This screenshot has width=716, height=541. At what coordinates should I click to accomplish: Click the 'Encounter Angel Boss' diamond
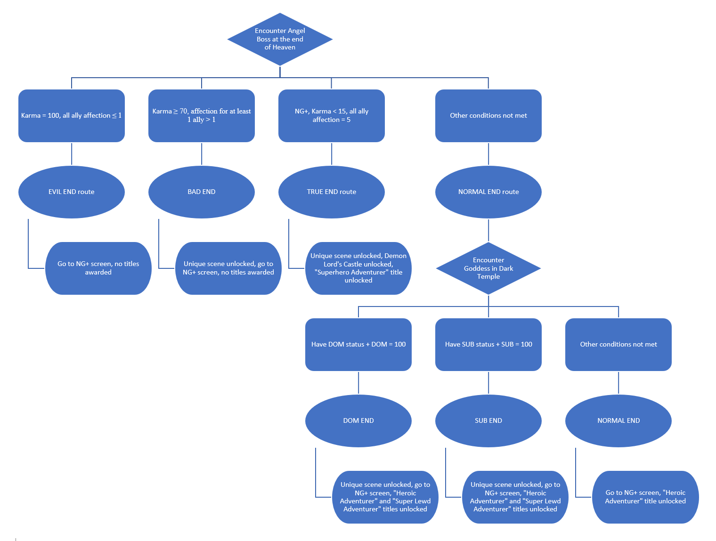pyautogui.click(x=280, y=39)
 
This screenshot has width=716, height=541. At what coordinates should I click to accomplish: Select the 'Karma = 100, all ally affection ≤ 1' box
pyautogui.click(x=72, y=116)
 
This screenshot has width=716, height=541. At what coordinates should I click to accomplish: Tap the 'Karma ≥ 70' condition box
pyautogui.click(x=202, y=116)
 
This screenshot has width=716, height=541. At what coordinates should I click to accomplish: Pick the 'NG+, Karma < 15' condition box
pyautogui.click(x=332, y=116)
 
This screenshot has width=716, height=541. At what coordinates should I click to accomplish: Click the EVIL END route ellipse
pyautogui.click(x=72, y=192)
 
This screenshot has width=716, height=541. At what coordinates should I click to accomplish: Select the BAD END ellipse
pyautogui.click(x=202, y=192)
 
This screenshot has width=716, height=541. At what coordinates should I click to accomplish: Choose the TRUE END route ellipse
pyautogui.click(x=332, y=192)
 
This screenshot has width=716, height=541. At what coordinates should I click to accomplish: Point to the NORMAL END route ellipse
pyautogui.click(x=488, y=192)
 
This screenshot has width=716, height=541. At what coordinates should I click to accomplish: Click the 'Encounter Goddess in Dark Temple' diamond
pyautogui.click(x=488, y=268)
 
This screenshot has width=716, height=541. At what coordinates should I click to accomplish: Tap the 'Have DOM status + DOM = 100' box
pyautogui.click(x=358, y=345)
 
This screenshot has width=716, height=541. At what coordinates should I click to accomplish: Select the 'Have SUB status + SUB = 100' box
pyautogui.click(x=488, y=345)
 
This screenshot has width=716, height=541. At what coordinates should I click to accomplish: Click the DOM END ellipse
pyautogui.click(x=358, y=421)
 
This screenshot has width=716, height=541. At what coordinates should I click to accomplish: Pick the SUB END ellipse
pyautogui.click(x=488, y=421)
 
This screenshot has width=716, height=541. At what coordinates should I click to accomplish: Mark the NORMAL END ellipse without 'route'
pyautogui.click(x=618, y=421)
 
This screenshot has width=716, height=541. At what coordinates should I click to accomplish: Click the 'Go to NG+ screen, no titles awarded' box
pyautogui.click(x=98, y=268)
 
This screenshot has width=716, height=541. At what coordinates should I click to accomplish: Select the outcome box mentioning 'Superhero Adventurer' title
pyautogui.click(x=358, y=268)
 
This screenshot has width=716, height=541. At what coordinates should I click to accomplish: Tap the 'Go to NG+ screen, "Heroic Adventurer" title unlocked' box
pyautogui.click(x=645, y=497)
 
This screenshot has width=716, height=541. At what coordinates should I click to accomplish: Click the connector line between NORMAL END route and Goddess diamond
pyautogui.click(x=488, y=230)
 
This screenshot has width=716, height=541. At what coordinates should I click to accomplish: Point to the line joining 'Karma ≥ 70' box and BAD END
pyautogui.click(x=202, y=154)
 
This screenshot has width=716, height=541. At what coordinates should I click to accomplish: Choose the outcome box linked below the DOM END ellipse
pyautogui.click(x=385, y=497)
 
